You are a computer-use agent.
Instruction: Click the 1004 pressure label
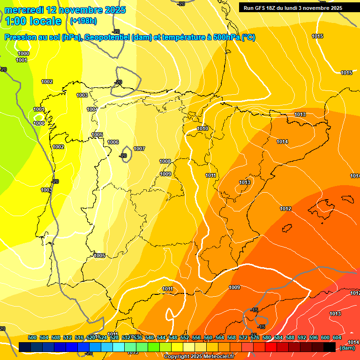[92, 109]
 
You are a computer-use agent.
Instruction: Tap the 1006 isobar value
[113, 142]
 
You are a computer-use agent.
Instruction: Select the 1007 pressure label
[139, 149]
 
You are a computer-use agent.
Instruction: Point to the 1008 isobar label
[165, 161]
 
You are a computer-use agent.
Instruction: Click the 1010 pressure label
[202, 128]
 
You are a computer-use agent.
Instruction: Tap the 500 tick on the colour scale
[32, 337]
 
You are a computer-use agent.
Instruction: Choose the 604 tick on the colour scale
[337, 337]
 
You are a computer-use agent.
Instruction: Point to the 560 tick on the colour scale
[208, 337]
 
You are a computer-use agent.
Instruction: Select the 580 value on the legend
[267, 337]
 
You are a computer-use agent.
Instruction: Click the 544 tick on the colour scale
[161, 337]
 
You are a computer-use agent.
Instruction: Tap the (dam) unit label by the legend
[347, 348]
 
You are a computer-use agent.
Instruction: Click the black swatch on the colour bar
[330, 347]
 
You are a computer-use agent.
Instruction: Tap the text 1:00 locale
[33, 21]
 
